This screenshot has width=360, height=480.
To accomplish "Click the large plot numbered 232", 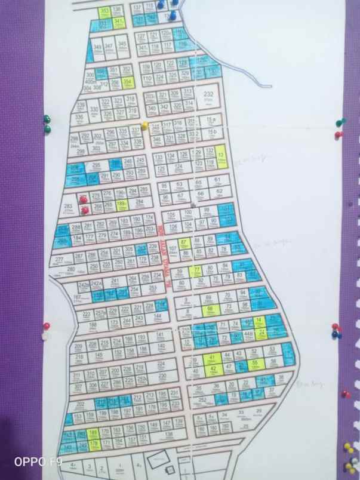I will click(208, 97).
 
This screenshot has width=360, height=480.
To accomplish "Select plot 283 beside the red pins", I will click(67, 208).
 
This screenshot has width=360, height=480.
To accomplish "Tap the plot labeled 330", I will click(94, 110).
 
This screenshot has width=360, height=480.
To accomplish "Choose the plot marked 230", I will click(162, 377).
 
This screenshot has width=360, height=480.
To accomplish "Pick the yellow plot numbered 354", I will click(127, 83).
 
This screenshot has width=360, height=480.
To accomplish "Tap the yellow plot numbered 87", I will click(184, 242).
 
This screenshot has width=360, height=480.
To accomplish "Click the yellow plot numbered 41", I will click(211, 358).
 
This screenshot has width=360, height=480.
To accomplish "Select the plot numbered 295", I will click(96, 165).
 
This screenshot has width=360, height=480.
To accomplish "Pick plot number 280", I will click(71, 270).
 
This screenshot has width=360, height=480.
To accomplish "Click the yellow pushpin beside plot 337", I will click(144, 125).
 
